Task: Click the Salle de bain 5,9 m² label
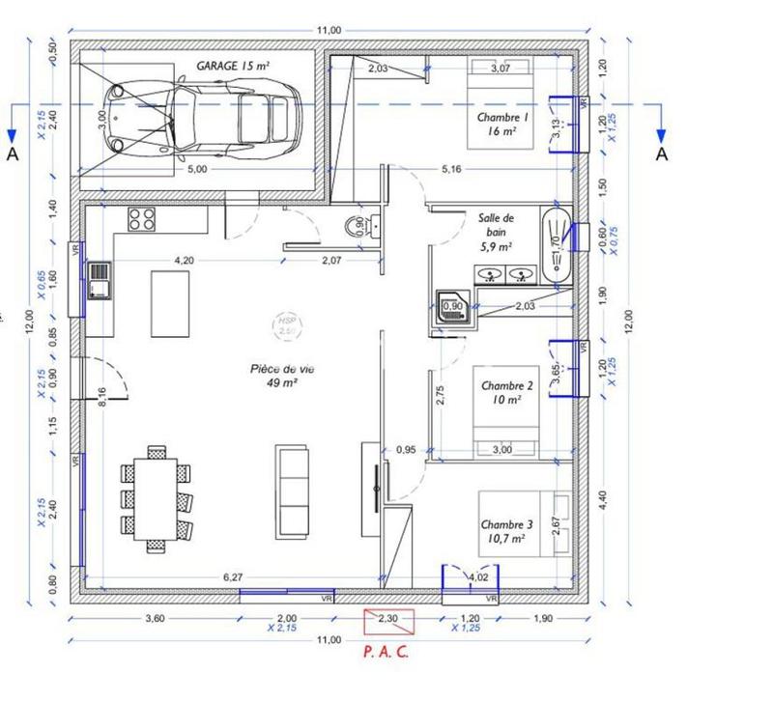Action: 497,232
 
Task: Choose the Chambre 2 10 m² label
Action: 501,391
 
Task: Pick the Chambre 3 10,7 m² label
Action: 503,531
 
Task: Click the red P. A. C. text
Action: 386,651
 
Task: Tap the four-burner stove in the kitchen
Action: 142,219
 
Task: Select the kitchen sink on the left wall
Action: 100,281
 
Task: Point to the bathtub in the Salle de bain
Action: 556,244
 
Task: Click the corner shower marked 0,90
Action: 452,307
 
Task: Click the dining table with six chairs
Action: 155,496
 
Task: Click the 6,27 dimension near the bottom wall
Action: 233,577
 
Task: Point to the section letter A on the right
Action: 662,154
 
